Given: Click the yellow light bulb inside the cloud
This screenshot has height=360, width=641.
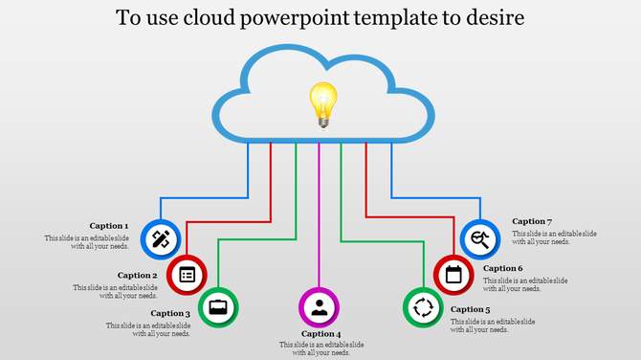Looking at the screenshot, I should (321, 103).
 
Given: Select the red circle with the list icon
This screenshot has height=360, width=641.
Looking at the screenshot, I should (188, 276).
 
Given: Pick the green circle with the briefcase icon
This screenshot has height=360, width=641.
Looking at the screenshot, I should (219, 306).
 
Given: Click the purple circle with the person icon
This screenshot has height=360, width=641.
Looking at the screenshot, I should (320, 307).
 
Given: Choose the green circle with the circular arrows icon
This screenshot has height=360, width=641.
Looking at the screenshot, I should (421, 307).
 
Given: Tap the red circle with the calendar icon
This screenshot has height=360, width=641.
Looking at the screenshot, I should (453, 276).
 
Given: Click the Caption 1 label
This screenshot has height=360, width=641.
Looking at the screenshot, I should (109, 226).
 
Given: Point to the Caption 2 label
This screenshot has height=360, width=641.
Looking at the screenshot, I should (137, 276).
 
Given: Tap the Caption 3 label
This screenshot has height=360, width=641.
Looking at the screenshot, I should (170, 313).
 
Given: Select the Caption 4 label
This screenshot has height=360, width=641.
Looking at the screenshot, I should (321, 334).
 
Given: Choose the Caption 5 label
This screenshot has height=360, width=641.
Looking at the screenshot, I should (470, 309).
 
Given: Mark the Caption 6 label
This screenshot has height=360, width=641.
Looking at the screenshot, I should (503, 269).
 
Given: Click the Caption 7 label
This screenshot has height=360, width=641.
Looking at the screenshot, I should (532, 221).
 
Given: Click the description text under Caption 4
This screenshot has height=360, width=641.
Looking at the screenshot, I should (321, 349).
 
